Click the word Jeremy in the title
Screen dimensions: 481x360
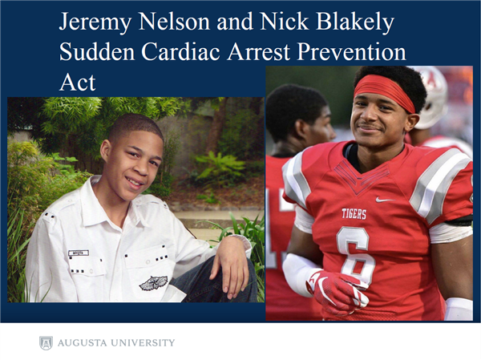click(95, 22)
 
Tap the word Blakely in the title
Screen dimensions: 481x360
click(355, 22)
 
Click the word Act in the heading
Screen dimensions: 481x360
click(77, 82)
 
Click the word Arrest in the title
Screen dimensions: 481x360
click(258, 51)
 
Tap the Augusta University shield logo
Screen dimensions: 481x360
click(46, 343)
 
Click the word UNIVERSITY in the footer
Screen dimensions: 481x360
click(143, 342)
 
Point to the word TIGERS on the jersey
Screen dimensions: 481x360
click(354, 213)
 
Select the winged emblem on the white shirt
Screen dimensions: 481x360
click(153, 283)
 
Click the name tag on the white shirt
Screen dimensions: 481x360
click(79, 253)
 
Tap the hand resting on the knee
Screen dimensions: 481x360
click(231, 263)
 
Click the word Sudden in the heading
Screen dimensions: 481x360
click(97, 51)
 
